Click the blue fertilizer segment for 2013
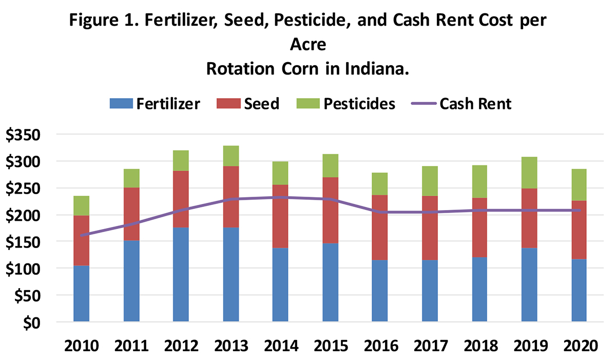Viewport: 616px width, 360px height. (230, 275)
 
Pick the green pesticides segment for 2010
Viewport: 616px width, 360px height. (81, 205)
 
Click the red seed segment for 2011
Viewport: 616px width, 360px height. (131, 214)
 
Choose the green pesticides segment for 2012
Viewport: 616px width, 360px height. (181, 160)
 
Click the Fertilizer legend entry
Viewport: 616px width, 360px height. (155, 103)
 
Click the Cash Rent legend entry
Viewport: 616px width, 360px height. (462, 103)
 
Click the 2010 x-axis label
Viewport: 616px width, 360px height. (81, 345)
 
